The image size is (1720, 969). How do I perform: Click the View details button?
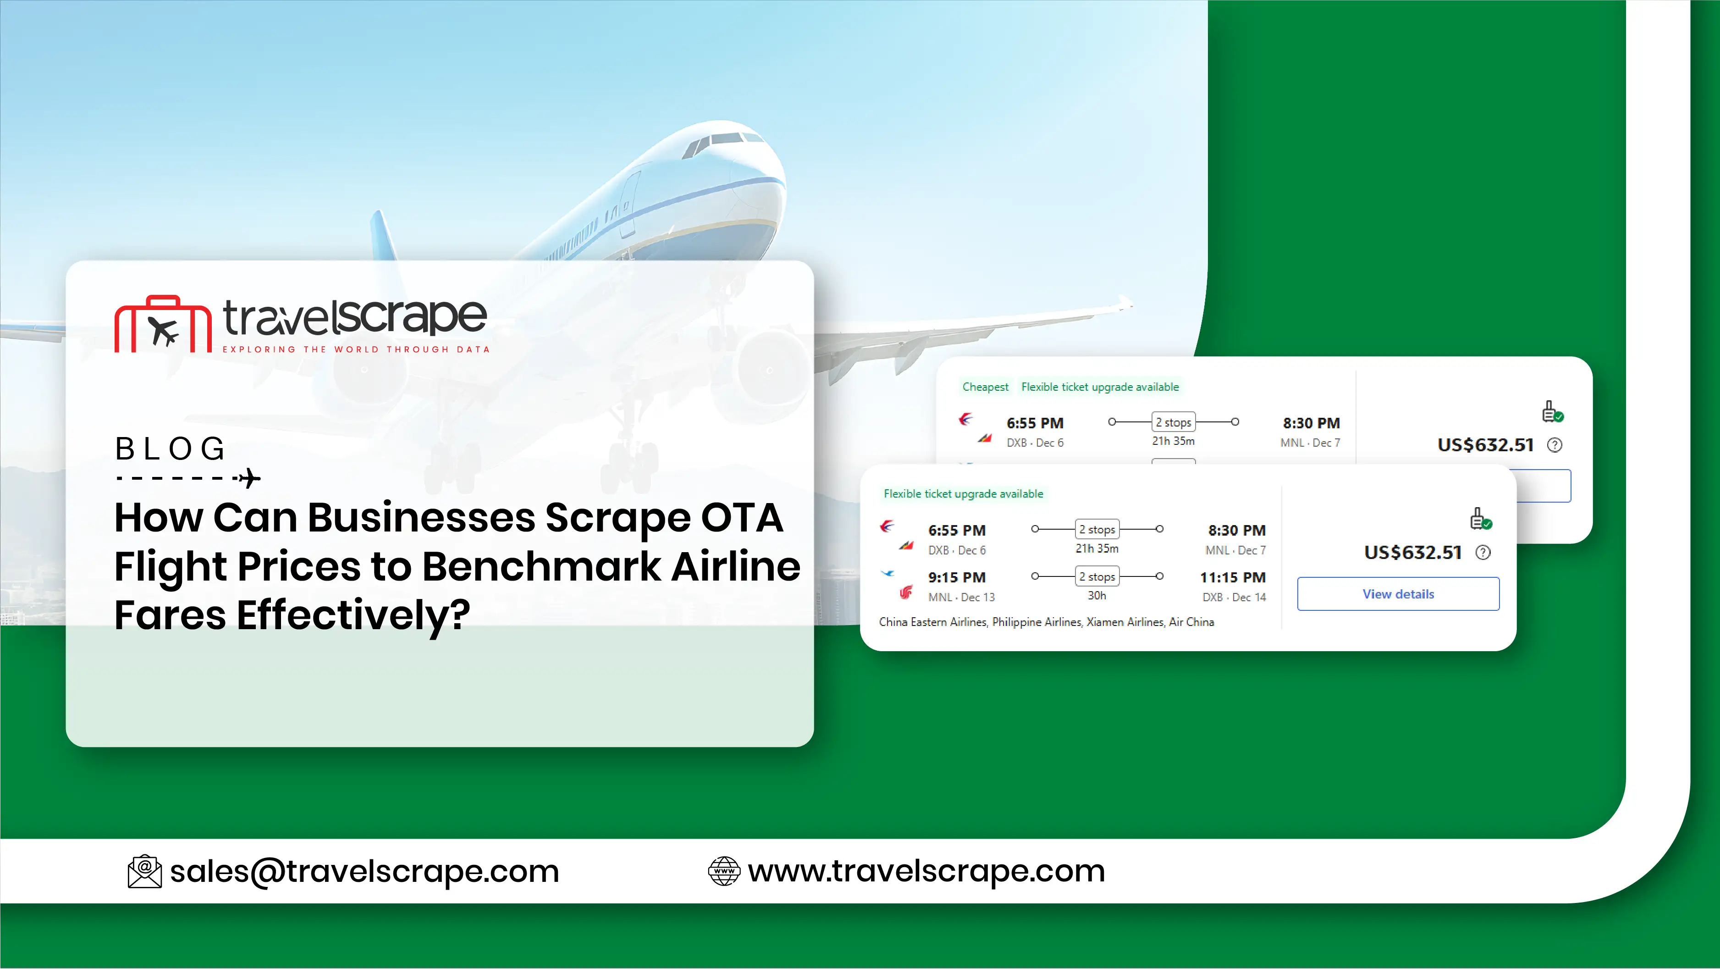click(x=1398, y=594)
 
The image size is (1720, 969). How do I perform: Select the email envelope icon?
click(x=144, y=871)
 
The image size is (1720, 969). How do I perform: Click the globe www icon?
click(x=724, y=871)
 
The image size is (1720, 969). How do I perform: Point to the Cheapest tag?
click(x=986, y=387)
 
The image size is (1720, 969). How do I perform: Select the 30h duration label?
click(x=1097, y=596)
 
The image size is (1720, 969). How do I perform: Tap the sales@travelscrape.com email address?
click(x=364, y=871)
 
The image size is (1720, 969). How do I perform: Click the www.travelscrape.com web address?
click(x=926, y=871)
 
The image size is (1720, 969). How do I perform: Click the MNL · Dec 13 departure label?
click(x=961, y=597)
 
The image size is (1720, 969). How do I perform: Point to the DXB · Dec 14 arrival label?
click(x=1234, y=597)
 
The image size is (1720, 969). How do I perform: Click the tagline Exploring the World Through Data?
click(x=356, y=349)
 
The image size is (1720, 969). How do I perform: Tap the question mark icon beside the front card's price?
click(x=1483, y=552)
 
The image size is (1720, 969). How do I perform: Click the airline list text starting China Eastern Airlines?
click(x=1046, y=622)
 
